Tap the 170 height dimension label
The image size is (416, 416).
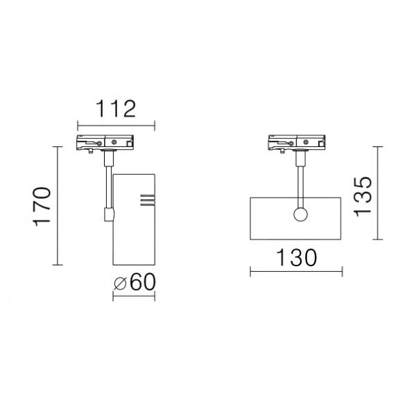pos(42,207)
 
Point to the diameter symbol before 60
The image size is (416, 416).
pos(120,283)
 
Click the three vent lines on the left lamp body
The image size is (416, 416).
pos(146,200)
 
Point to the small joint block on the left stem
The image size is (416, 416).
pos(107,215)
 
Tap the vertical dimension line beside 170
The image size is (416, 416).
pos(56,206)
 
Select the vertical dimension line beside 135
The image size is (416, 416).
pos(376,193)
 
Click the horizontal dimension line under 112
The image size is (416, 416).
pos(114,125)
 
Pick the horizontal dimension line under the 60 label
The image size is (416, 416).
pos(135,297)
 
